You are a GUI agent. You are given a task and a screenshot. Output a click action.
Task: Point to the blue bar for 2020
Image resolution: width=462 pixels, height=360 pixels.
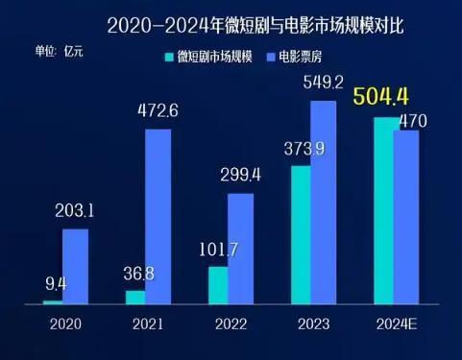(x=75, y=267)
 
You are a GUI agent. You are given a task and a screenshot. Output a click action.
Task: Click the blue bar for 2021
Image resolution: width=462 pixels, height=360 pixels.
(x=158, y=217)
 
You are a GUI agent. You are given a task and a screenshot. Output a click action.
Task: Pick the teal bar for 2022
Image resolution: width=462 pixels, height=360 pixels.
(x=218, y=285)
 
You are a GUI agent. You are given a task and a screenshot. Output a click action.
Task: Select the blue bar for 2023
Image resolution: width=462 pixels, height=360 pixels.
(x=324, y=203)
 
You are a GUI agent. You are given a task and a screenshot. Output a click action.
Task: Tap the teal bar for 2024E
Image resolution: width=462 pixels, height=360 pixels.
(x=383, y=211)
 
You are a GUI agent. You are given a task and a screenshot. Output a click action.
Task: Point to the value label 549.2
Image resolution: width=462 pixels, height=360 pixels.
(x=322, y=84)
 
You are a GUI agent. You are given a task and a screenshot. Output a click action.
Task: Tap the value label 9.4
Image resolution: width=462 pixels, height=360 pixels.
(x=57, y=282)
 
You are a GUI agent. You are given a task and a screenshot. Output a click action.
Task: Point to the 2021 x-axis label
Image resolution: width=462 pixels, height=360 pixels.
(x=148, y=324)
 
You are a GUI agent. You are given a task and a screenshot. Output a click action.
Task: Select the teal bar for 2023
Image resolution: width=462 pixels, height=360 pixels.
(x=301, y=235)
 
